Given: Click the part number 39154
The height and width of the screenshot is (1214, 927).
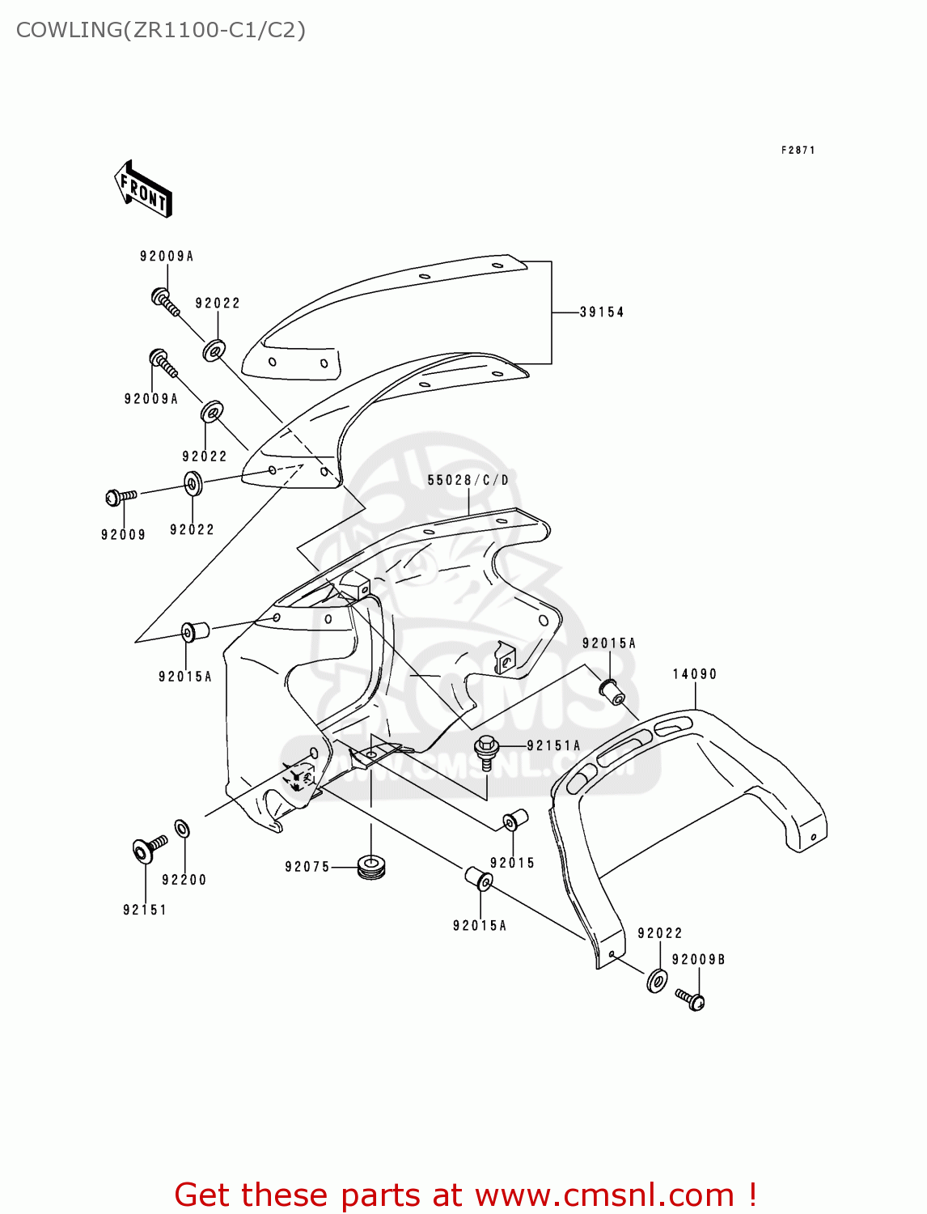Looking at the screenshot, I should pos(602,312).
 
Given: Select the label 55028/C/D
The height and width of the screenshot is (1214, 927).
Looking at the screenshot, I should pos(468,480).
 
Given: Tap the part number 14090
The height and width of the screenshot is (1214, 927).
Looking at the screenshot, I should pos(695,674).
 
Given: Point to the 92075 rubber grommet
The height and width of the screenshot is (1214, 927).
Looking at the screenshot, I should pos(371,866).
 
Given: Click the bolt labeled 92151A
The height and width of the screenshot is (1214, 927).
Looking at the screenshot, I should pos(486,750).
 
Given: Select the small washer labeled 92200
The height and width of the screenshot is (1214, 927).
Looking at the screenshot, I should pos(183,828).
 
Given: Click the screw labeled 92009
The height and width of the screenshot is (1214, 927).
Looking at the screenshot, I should pos(121,496).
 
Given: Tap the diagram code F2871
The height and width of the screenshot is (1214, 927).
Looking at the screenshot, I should pos(798,150).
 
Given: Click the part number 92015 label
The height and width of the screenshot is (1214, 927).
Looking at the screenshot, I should pos(512,863).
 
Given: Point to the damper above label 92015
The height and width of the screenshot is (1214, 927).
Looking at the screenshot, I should pos(515,820).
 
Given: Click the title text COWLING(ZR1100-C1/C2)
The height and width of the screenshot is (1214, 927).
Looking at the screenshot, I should pos(161,30).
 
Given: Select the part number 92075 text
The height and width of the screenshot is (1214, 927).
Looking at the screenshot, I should pos(307,867).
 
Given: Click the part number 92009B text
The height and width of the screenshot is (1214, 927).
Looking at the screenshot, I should pos(698,959).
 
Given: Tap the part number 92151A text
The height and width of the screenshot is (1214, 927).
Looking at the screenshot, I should pos(553,745).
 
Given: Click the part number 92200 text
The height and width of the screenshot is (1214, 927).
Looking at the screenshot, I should pos(184,880).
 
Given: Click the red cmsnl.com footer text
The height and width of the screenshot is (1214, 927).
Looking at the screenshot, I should pos(465,1195).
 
